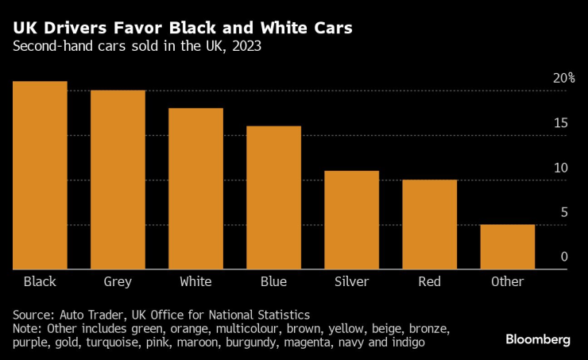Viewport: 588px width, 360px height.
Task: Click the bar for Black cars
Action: [40, 176]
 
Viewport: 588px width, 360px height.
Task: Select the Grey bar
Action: [118, 180]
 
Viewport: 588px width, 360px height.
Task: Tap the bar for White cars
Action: [195, 189]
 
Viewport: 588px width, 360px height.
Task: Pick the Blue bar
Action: [273, 198]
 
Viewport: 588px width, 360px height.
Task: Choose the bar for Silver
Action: [351, 220]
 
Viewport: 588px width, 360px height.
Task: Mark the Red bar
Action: [429, 225]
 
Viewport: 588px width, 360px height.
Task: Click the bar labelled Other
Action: [507, 247]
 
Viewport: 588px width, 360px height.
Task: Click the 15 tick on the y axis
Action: [561, 123]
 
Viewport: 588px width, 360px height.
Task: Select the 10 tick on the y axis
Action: [561, 168]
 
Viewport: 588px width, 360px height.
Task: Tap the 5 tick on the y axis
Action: [564, 212]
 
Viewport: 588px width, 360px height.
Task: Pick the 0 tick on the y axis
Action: [564, 257]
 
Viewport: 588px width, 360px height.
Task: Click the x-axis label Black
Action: [40, 281]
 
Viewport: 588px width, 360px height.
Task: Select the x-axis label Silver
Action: [351, 281]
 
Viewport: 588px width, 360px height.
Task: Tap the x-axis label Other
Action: [507, 281]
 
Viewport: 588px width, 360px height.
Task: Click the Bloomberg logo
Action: [538, 339]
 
